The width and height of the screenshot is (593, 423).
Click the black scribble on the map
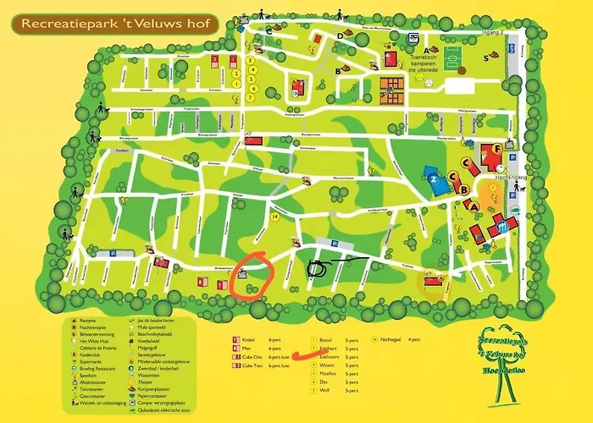[320, 269]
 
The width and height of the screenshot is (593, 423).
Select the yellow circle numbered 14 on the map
[274, 217]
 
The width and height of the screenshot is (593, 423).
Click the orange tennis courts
[392, 85]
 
